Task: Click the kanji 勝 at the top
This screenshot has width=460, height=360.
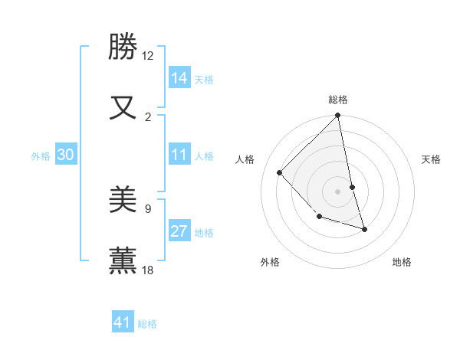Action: click(x=123, y=47)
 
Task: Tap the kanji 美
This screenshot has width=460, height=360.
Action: click(x=123, y=199)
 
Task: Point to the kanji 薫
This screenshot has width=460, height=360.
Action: click(x=123, y=260)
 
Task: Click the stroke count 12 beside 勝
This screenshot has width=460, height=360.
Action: click(x=148, y=56)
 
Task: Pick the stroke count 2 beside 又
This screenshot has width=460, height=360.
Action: click(x=148, y=116)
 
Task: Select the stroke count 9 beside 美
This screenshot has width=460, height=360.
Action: click(x=148, y=208)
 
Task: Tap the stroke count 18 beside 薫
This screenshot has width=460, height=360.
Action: click(x=148, y=270)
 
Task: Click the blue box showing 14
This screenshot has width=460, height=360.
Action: click(x=179, y=78)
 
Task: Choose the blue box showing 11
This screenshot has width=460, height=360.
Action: click(x=179, y=155)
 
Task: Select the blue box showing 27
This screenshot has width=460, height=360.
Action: click(x=179, y=231)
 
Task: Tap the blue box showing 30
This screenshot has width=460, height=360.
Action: click(x=66, y=155)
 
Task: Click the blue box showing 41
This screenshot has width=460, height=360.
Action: click(x=123, y=322)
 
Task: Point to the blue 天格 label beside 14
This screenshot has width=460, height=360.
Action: click(x=204, y=79)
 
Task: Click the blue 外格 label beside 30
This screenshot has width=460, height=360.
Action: click(x=41, y=156)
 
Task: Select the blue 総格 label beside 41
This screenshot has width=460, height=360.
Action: click(x=147, y=324)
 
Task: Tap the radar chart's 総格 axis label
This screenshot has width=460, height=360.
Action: click(x=338, y=100)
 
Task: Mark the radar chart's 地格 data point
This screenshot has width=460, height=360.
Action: click(x=364, y=229)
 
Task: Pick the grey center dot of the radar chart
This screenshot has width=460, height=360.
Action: click(x=337, y=191)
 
